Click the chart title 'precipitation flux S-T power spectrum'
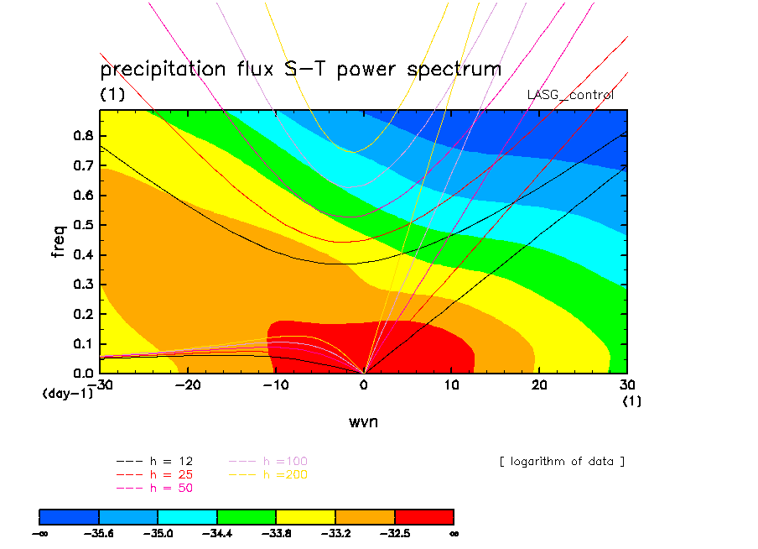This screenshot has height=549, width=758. pos(300,69)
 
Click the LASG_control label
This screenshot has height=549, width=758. pos(570,95)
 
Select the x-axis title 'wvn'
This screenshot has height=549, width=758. pos(363,421)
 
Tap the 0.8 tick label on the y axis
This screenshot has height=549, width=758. pos(83,136)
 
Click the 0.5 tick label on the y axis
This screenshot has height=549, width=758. pos(83,225)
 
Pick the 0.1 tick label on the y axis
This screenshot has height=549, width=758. pos(83,343)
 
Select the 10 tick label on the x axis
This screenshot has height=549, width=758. pos(451,384)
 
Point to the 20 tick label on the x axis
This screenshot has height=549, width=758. pos(539,384)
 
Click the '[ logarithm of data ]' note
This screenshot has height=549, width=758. pos(562,461)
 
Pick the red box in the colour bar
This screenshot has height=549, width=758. pos(423,515)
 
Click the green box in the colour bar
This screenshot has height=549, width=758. pos(247,515)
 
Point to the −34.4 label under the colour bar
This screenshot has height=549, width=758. pos(217,532)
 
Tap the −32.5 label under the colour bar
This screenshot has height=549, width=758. pos(394,532)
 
